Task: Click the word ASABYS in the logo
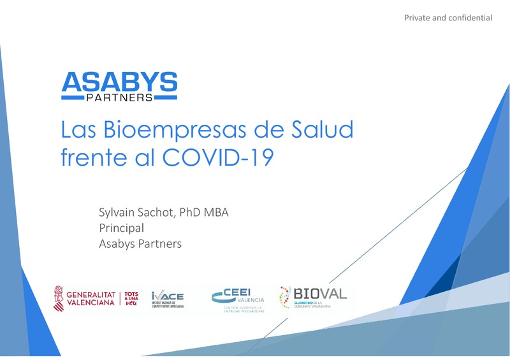tap(119, 82)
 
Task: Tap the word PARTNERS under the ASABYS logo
tap(119, 97)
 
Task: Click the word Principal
tap(121, 228)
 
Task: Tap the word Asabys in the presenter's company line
tap(117, 243)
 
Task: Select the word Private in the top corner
tap(418, 17)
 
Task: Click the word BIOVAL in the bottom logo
tap(320, 293)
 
